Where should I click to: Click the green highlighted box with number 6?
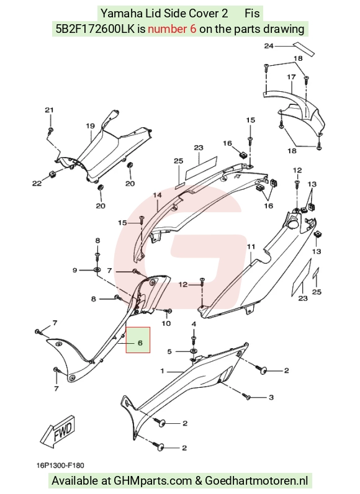(138, 339)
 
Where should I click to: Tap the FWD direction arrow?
(58, 431)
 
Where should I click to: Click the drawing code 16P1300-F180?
(60, 465)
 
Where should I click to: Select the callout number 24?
(269, 46)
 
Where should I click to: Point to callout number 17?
(291, 76)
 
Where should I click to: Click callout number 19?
(91, 126)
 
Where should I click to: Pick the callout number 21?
(49, 110)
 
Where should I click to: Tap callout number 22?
(37, 183)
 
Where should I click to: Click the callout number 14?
(158, 195)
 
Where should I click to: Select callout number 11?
(251, 246)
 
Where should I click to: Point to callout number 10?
(166, 323)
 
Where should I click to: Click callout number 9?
(74, 270)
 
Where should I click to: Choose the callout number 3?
(271, 397)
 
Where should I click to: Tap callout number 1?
(162, 371)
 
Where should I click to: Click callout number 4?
(194, 324)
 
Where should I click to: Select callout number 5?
(169, 351)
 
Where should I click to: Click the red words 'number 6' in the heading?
(173, 29)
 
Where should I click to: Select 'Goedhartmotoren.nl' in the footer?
(256, 481)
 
